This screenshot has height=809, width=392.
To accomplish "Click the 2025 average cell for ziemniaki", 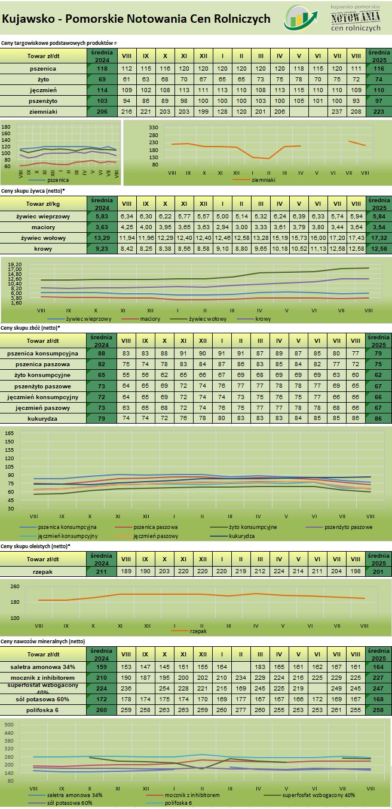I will [x=378, y=112].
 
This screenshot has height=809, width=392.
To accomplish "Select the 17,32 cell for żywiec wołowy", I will [x=378, y=238].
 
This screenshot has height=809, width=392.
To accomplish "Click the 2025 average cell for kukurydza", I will [x=378, y=418].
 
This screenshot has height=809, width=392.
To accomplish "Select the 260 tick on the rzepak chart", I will [x=15, y=586].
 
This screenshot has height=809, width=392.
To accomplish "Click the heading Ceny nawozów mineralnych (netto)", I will [x=43, y=641].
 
